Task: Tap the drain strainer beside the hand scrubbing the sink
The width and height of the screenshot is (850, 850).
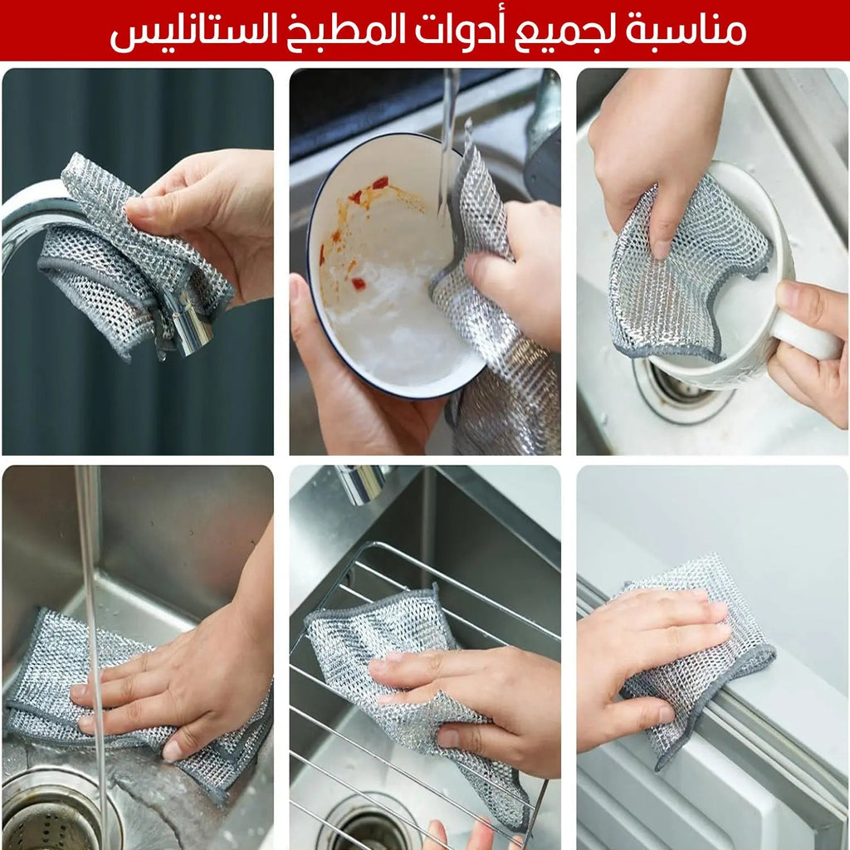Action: coord(50,818)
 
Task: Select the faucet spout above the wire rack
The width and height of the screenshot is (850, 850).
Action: coord(361,483)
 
